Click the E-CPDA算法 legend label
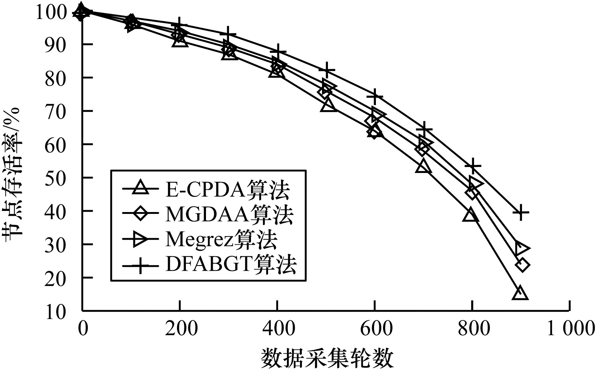coord(227,190)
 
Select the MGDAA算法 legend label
coord(229,215)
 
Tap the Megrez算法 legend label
coord(221,239)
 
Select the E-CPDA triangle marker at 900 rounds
coord(520,294)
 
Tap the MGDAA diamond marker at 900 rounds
coord(522,265)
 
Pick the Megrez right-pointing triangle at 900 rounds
coord(522,247)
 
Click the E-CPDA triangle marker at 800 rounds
coord(471,215)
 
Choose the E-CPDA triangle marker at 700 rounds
coord(423,167)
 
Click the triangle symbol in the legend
coord(142,189)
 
